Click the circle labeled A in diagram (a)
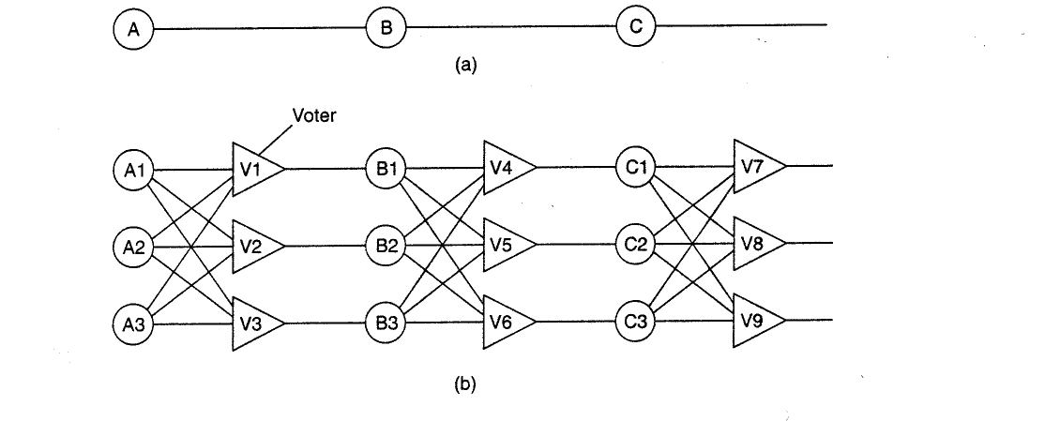coord(134,30)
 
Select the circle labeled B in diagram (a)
coord(386,29)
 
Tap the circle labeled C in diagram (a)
coord(636,26)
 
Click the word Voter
coord(314,115)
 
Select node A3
coord(134,324)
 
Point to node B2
coord(386,246)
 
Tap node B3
coord(386,323)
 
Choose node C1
coord(636,167)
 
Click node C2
coord(636,245)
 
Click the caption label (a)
coord(465,65)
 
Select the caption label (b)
coord(465,384)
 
